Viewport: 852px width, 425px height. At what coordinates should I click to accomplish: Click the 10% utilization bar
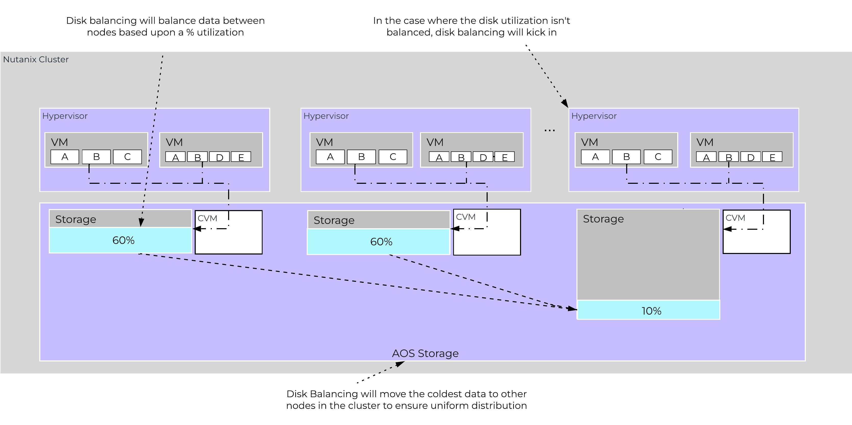click(x=648, y=310)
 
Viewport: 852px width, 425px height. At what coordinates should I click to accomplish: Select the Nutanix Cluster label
click(x=36, y=59)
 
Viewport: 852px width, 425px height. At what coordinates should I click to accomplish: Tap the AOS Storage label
click(x=425, y=353)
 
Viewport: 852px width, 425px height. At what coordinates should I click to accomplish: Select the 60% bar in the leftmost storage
click(x=120, y=240)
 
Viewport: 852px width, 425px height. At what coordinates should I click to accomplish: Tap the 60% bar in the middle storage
click(x=378, y=241)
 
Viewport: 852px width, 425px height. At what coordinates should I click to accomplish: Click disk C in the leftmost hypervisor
click(x=127, y=157)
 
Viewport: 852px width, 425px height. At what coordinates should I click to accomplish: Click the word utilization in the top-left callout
click(x=220, y=32)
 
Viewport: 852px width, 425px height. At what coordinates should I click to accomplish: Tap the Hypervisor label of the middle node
click(x=326, y=116)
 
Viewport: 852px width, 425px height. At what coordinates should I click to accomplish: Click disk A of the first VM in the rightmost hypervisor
click(x=595, y=157)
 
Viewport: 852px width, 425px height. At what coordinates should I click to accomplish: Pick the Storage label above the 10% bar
click(x=603, y=219)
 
